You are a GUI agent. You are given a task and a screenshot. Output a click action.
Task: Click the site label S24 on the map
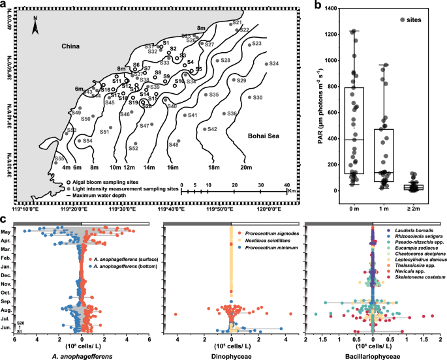[x=273, y=64]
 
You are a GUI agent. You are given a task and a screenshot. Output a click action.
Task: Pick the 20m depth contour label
[x=245, y=168]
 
